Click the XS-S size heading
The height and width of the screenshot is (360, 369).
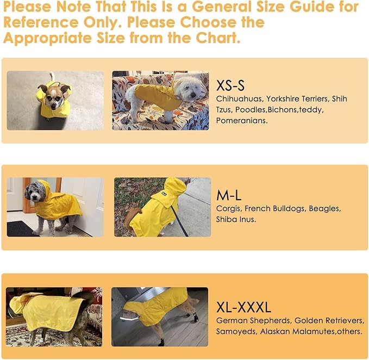(x=230, y=85)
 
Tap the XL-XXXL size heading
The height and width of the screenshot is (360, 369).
(x=243, y=307)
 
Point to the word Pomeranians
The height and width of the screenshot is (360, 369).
(x=241, y=121)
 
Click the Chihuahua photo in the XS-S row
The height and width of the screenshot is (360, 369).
(x=55, y=101)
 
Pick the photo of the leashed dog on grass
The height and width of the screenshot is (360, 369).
(x=162, y=207)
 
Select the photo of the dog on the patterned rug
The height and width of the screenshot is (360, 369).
(x=54, y=316)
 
